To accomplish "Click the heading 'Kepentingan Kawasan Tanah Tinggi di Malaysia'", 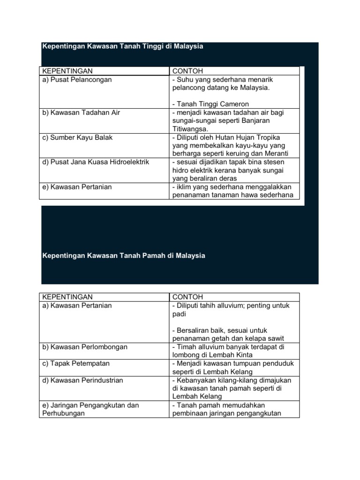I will (x=123, y=47).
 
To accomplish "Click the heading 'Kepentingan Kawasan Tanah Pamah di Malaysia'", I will (x=124, y=256).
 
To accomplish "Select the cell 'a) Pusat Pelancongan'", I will (x=77, y=80).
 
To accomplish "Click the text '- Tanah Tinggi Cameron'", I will (x=210, y=104).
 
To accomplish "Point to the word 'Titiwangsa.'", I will (x=190, y=129).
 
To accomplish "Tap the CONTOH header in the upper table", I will (x=187, y=71).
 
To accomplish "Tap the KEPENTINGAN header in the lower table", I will (x=67, y=297).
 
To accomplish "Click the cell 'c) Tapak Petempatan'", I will (x=76, y=363).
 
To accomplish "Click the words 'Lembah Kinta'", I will (x=221, y=355).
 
